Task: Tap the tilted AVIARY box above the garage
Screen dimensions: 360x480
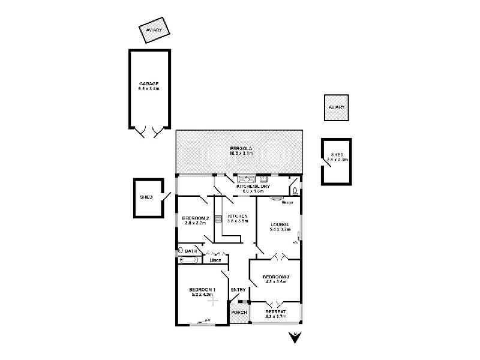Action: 155,31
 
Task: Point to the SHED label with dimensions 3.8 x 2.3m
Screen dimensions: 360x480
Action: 337,157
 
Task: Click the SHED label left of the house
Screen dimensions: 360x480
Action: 146,197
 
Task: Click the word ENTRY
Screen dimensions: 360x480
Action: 238,291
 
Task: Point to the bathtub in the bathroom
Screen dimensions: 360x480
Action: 189,260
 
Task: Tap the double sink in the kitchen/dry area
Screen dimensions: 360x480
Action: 247,179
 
